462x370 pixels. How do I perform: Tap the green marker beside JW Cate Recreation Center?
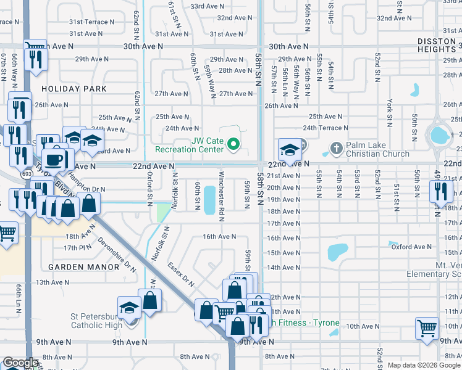[233, 146]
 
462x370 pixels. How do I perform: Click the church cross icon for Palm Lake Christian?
[335, 148]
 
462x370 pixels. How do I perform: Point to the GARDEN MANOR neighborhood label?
[83, 267]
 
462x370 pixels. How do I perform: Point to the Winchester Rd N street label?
[221, 200]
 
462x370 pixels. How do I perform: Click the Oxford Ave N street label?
[411, 247]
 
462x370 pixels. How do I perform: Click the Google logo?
[20, 363]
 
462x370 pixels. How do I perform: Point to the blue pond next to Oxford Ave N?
[337, 251]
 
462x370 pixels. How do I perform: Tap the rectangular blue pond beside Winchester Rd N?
[209, 200]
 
